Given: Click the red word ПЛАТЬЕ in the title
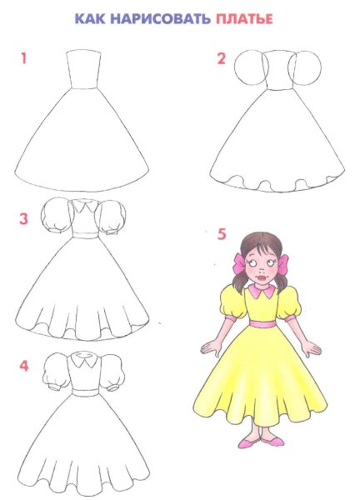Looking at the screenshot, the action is coord(244,19).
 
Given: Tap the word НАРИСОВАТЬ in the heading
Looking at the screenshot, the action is coord(160,19).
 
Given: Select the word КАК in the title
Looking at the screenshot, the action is coord(90,19).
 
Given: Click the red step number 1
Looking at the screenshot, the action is coord(23,58).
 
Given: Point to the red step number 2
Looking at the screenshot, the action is coord(222,58).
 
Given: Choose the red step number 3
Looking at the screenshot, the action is coord(23,219).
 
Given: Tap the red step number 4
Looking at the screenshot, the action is coord(24,366).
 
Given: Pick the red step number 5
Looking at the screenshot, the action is coord(222,234).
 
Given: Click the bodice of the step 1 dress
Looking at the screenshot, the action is coord(83,69).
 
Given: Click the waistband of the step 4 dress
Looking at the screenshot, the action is coord(85,392).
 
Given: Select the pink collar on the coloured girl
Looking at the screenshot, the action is coord(262,291).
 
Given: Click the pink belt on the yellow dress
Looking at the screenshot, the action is coord(262,323).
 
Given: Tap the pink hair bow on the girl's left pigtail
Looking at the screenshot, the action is coord(239,263).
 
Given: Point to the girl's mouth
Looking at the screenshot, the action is coord(261,277).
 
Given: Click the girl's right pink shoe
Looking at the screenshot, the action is coord(272,442).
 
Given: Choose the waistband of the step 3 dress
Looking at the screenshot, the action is coord(85,235).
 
